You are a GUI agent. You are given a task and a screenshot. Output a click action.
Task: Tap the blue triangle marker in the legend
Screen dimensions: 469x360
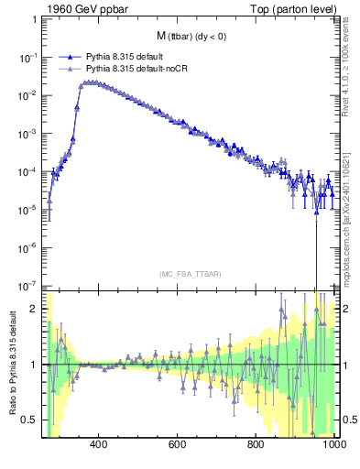pyautogui.click(x=70, y=57)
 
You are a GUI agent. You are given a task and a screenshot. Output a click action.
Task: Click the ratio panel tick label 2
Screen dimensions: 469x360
pyautogui.click(x=35, y=309)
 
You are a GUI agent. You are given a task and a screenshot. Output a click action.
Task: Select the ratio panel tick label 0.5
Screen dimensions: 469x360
pyautogui.click(x=29, y=420)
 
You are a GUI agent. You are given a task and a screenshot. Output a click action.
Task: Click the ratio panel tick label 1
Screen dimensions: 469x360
pyautogui.click(x=35, y=365)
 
